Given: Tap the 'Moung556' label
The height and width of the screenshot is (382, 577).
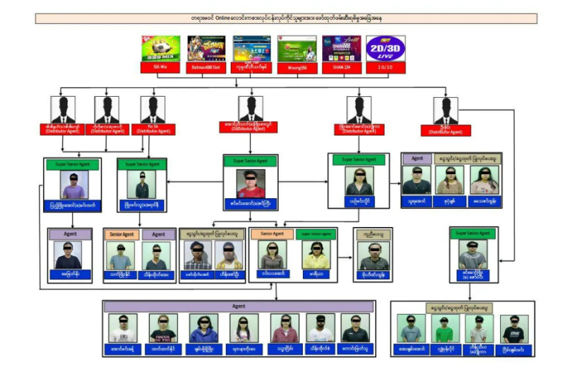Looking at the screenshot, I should pos(297,68).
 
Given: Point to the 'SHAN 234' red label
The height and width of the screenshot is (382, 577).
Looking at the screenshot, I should pos(341,68).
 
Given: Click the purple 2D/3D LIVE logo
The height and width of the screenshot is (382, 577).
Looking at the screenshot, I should pos(386,48).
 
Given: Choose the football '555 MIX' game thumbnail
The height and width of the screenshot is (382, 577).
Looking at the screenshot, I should pos(160,48).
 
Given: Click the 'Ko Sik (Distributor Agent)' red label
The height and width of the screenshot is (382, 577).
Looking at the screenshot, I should pos(153,129).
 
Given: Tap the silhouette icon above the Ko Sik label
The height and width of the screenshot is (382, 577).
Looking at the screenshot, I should pos(153,111).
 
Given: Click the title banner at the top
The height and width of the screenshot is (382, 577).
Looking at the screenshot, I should pos(286,19).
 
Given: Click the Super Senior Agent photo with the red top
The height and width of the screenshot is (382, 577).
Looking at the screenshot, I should pos(251,183).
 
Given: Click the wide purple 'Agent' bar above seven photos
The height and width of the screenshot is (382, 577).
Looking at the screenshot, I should pos(239,306).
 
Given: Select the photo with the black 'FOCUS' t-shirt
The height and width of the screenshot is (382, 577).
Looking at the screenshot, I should pos(163,328).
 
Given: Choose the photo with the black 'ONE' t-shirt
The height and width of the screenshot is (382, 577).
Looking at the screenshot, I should pos(514,329).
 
